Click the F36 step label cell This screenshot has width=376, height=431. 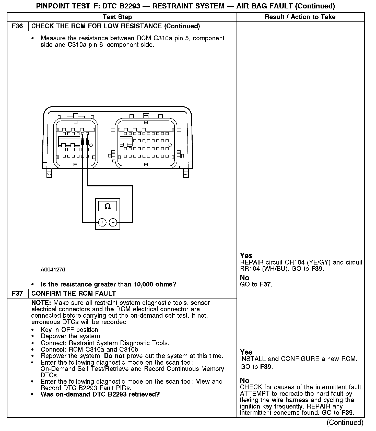click(17, 26)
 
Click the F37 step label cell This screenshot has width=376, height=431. click(17, 293)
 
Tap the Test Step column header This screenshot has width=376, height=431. click(117, 17)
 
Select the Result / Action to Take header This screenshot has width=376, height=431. click(300, 17)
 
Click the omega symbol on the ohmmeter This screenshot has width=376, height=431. click(108, 206)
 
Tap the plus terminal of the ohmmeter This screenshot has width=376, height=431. click(102, 222)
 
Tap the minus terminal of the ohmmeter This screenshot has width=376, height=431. click(113, 222)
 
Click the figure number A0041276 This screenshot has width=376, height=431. click(53, 270)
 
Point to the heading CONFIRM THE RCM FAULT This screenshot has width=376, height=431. click(74, 293)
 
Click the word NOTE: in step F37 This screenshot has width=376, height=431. click(41, 303)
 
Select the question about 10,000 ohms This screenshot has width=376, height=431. click(108, 284)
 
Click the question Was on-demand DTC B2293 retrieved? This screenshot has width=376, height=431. click(100, 394)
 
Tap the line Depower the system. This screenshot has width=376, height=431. click(71, 336)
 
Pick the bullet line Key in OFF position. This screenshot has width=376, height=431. click(70, 330)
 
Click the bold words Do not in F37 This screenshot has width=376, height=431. click(114, 356)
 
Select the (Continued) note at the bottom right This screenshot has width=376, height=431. click(345, 423)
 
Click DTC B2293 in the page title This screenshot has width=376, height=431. click(121, 6)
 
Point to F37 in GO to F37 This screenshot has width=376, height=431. click(265, 284)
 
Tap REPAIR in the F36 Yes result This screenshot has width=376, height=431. click(252, 262)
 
